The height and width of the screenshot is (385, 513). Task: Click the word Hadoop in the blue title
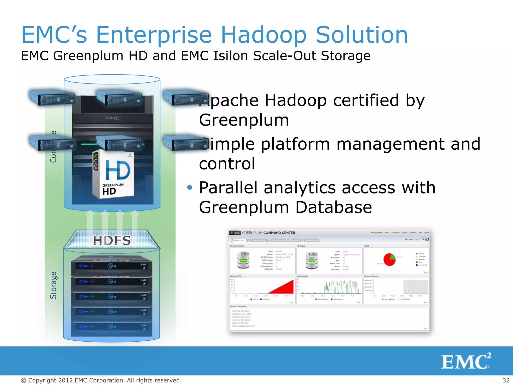coord(264,35)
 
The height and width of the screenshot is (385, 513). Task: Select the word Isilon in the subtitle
coord(233,56)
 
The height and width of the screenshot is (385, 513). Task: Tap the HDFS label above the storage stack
coord(112,241)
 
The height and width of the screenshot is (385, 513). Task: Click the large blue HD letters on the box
coord(118,170)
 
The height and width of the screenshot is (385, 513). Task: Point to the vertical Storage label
coord(53,285)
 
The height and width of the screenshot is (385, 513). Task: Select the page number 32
coord(506,380)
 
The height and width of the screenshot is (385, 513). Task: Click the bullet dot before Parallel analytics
coord(190,187)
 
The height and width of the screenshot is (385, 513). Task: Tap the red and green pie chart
coord(390,259)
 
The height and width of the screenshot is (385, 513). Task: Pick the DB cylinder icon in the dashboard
coord(243,260)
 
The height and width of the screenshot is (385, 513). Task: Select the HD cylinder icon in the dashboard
coord(311,260)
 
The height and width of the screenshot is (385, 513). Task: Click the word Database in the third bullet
coord(333,208)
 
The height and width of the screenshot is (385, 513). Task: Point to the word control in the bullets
coord(227,164)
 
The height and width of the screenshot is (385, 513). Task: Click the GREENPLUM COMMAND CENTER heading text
coord(268,233)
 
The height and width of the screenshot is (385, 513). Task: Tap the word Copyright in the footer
coord(42,380)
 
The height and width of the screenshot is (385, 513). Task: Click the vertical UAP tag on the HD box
coord(96,162)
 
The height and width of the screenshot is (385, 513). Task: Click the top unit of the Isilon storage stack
coord(111,266)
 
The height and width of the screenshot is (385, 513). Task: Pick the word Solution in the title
coord(361,35)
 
